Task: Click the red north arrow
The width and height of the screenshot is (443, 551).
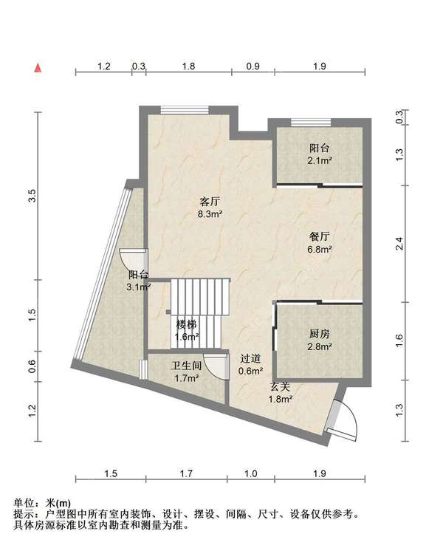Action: coord(38,67)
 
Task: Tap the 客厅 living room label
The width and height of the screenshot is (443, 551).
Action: coord(210,202)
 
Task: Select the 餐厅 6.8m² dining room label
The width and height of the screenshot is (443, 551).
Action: coord(320,243)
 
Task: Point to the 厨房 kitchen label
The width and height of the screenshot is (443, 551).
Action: coord(320,333)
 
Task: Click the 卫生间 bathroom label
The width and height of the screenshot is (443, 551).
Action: coord(186,366)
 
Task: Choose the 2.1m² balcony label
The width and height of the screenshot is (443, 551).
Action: coord(320,161)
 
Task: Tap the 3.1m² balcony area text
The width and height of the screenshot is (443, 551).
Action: coord(139,287)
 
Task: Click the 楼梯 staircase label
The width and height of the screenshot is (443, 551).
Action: coord(187,324)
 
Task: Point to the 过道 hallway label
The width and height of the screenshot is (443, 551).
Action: coord(250,358)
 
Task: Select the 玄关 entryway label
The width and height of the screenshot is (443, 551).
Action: coord(281,387)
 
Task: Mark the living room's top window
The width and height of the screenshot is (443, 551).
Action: coord(185,109)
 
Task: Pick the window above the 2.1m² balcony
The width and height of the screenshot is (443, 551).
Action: coord(311,123)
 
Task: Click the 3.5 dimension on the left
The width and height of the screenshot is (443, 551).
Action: coord(32,196)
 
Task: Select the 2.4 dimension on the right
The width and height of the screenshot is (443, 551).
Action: coord(399,244)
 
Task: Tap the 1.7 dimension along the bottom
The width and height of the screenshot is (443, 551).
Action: coord(186,473)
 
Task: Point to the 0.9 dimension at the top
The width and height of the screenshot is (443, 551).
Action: coord(253,66)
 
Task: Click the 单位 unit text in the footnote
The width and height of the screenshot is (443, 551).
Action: coord(24,503)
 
